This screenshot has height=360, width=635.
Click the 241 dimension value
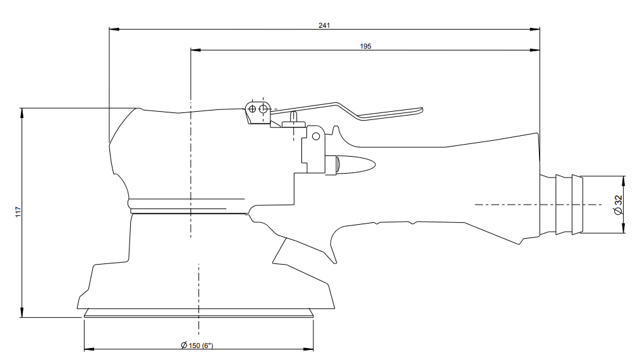pos(324,25)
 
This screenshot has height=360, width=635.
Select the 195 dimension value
pos(365,46)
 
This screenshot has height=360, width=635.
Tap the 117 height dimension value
pos(18,212)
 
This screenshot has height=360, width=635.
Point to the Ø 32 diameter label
pos(617,205)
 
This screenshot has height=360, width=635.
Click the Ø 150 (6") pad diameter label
pos(197,345)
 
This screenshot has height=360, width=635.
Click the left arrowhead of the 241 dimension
pos(114,29)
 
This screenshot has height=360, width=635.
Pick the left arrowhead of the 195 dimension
pos(196,51)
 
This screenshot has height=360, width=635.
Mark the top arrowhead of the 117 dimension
pos(21,113)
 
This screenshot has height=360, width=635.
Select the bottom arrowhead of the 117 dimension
pos(21,312)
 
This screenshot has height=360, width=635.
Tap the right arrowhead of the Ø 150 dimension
pos(308,349)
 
